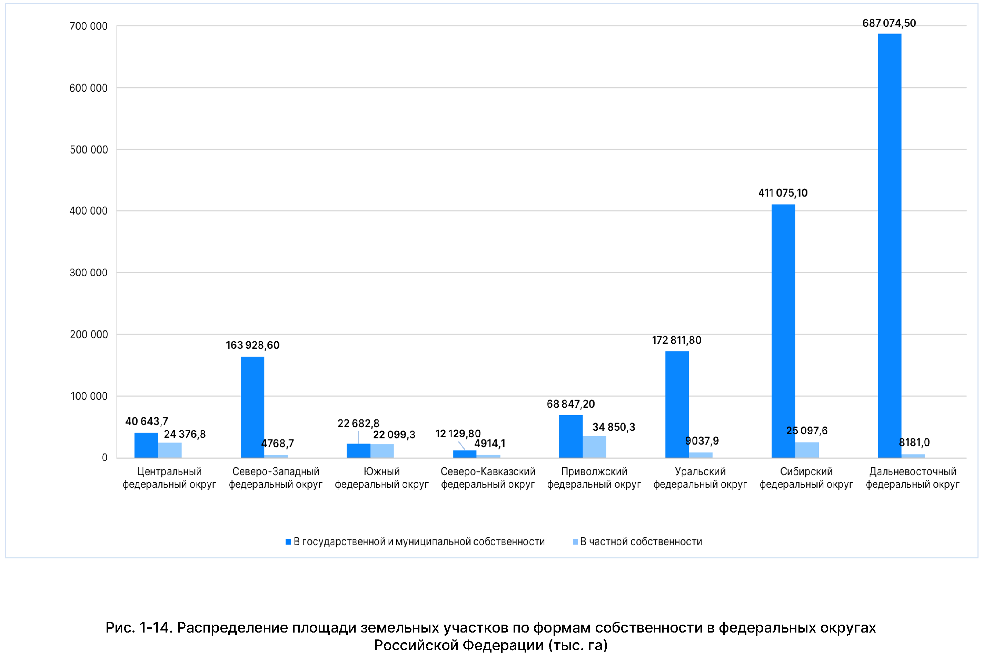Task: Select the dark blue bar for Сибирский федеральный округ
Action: pos(783,330)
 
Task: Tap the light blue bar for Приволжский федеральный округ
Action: pos(594,446)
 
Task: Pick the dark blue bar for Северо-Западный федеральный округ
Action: pos(252,407)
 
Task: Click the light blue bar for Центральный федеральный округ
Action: pos(170,450)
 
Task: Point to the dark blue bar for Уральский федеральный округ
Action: pos(676,404)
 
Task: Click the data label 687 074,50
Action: pos(889,23)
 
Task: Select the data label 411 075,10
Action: pos(783,193)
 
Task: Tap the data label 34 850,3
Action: pos(613,427)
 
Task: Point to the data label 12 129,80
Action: pos(458,434)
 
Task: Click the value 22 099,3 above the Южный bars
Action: pos(394,435)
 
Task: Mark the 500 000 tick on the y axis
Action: pos(89,150)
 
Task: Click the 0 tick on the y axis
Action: pos(105,457)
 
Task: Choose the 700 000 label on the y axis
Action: pos(89,26)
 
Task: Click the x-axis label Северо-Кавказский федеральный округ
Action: pos(488,478)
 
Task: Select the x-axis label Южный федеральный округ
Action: pos(381,478)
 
